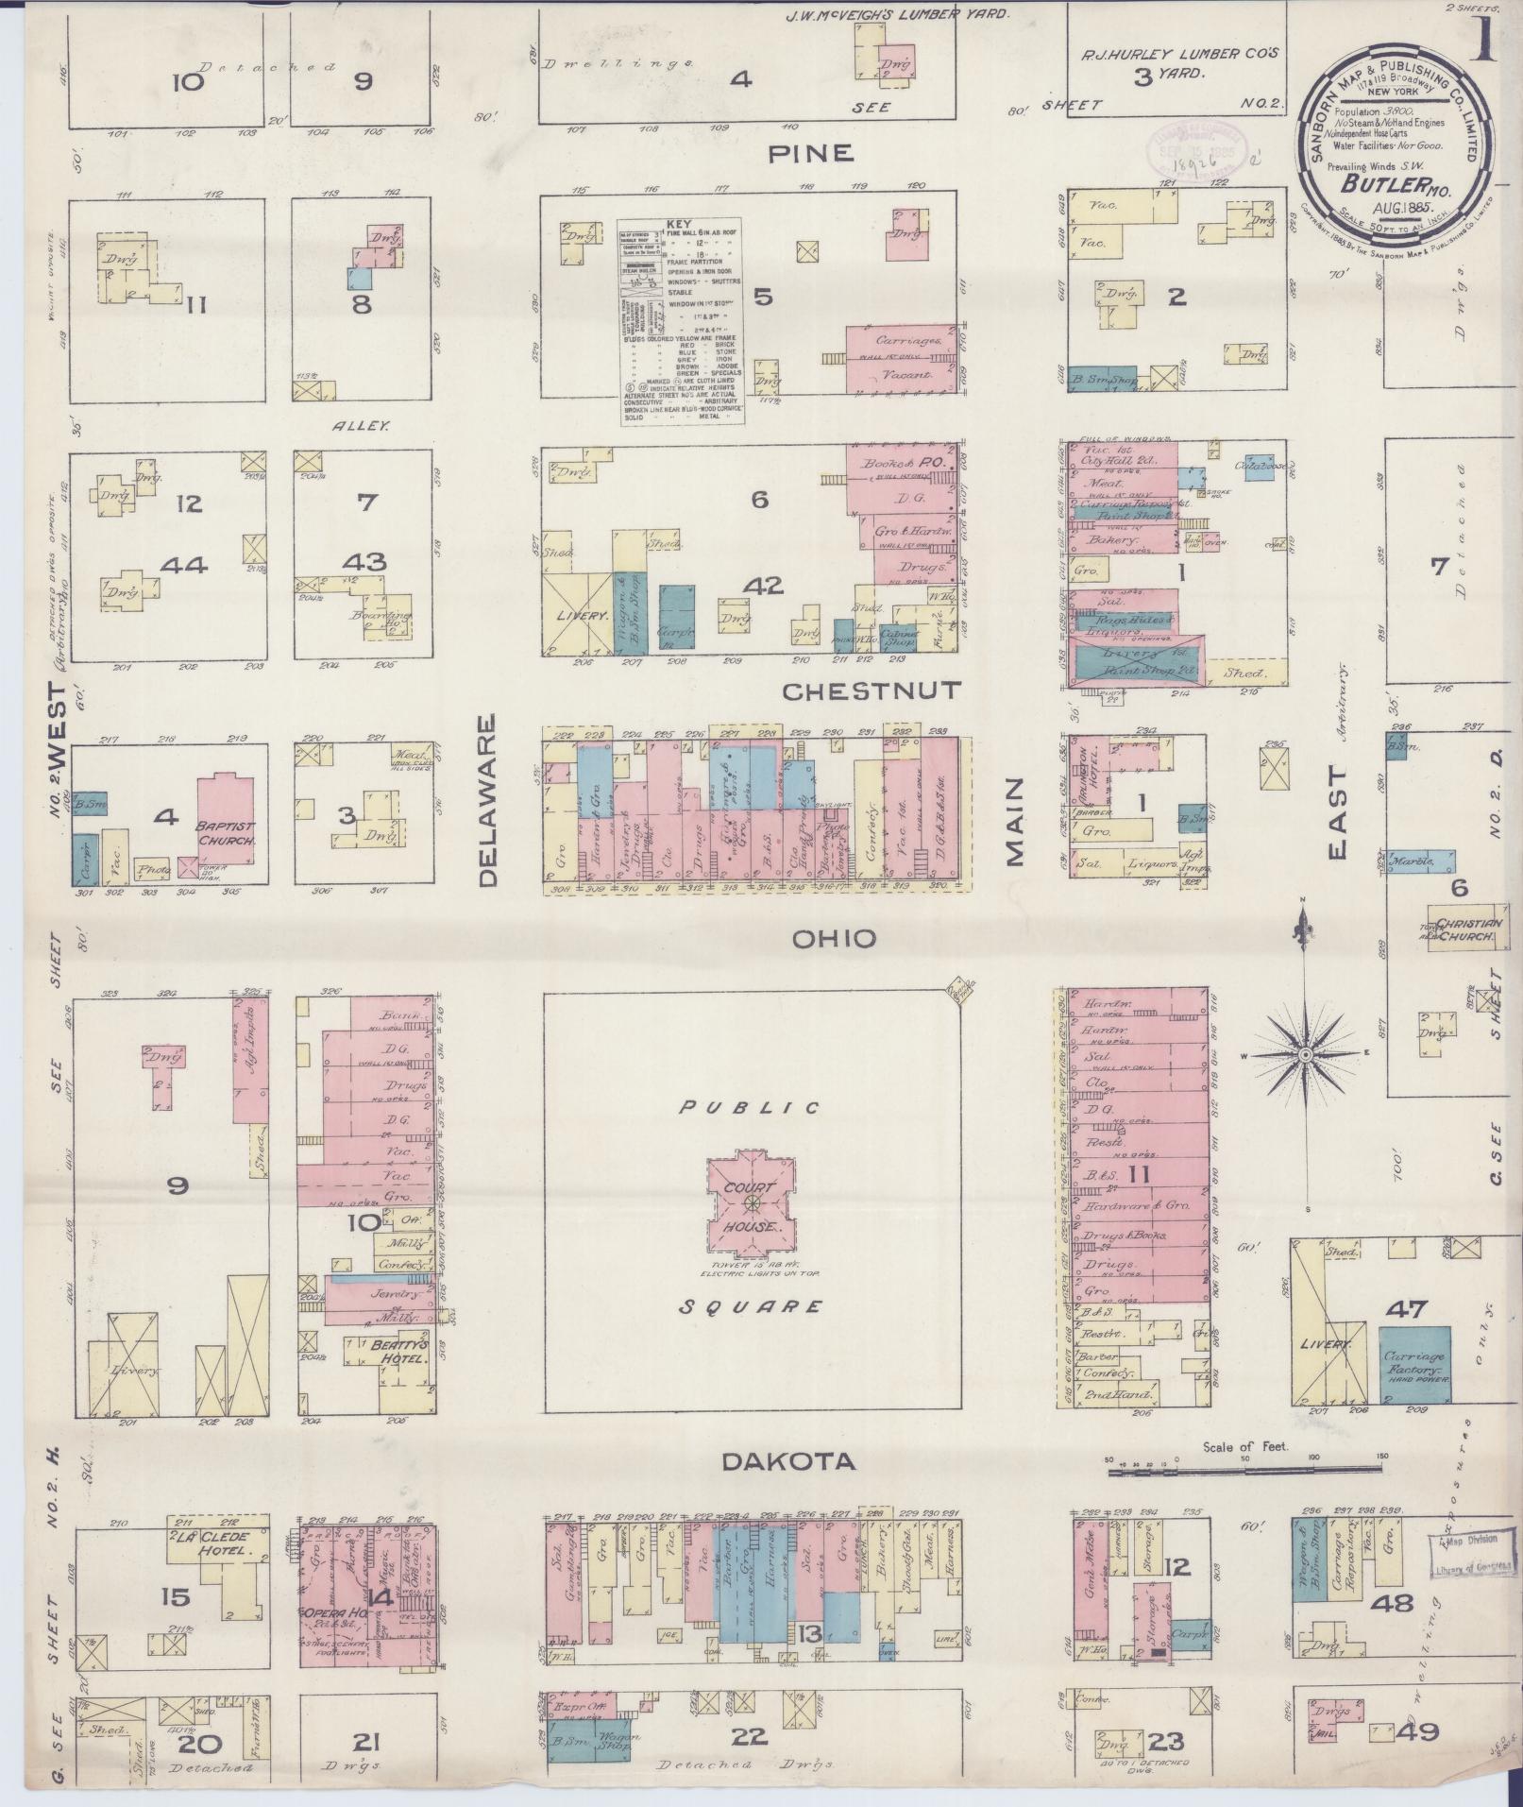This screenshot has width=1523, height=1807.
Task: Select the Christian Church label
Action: [1464, 929]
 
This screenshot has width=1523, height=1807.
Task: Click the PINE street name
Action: [811, 153]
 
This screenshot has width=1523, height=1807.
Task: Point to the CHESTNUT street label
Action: [871, 691]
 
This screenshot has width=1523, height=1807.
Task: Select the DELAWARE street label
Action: [487, 801]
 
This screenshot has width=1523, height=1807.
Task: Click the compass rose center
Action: [1303, 1054]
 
